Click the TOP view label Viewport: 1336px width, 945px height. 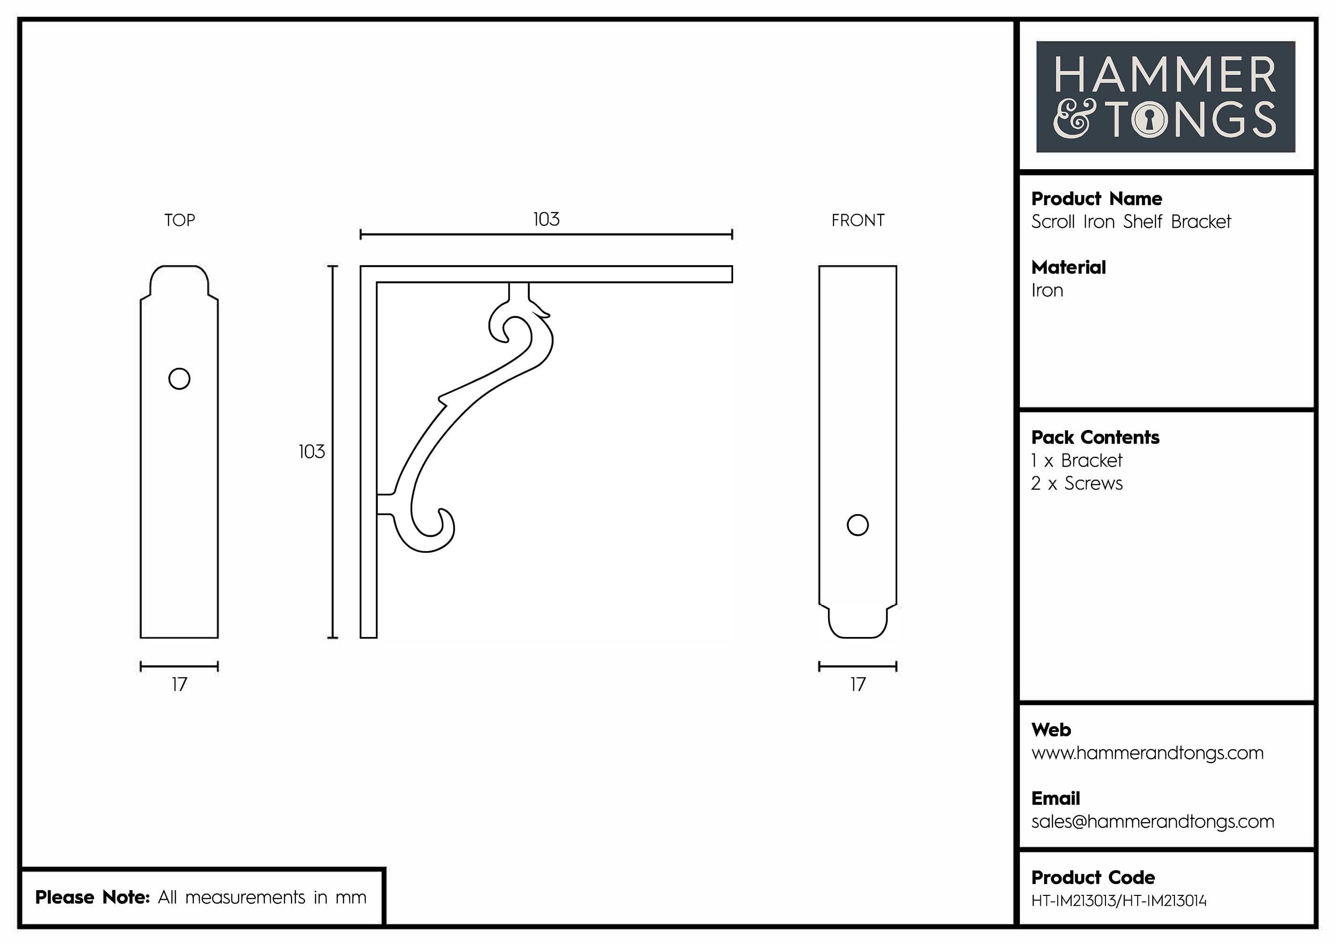tap(179, 220)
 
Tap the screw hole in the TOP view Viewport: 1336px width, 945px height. tap(179, 379)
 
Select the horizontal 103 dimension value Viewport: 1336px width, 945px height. tap(546, 219)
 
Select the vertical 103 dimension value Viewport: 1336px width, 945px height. tap(311, 452)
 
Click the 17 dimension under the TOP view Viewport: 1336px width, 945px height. tap(179, 684)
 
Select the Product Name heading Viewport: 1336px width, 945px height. tap(1096, 199)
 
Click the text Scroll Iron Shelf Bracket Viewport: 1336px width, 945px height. tap(1130, 222)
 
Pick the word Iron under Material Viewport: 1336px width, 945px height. tap(1047, 291)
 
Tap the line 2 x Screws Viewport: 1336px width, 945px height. tap(1077, 483)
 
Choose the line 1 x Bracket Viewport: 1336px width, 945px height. tap(1077, 461)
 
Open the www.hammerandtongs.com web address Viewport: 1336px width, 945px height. tap(1147, 753)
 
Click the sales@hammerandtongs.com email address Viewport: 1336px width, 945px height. tap(1152, 822)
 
